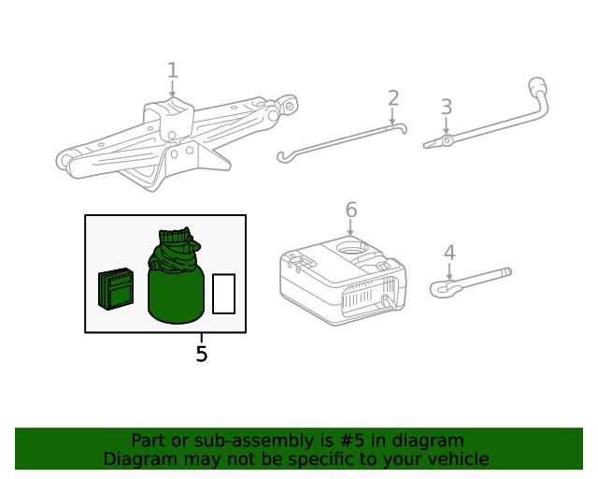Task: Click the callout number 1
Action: [172, 70]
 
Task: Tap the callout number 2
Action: [393, 98]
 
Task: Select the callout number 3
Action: [447, 107]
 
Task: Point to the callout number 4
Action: [449, 252]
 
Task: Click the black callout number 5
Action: [202, 355]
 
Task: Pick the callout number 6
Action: [351, 209]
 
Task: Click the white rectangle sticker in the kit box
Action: [223, 294]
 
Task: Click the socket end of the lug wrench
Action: [540, 90]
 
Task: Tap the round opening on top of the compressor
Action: [352, 248]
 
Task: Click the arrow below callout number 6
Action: [351, 230]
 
